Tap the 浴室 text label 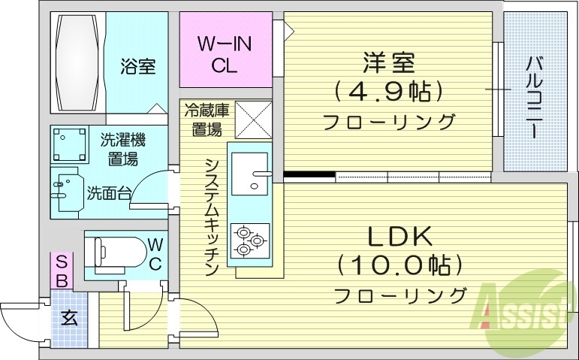click(x=137, y=66)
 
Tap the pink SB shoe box click(x=63, y=271)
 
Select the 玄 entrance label click(x=69, y=318)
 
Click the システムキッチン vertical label click(x=212, y=216)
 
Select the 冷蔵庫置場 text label click(x=207, y=119)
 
